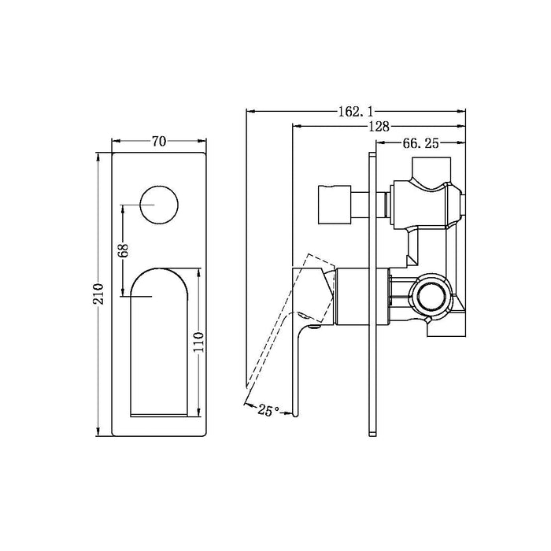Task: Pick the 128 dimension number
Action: pos(379,127)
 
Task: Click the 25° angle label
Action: pos(268,409)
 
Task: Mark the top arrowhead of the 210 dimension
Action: pos(98,157)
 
